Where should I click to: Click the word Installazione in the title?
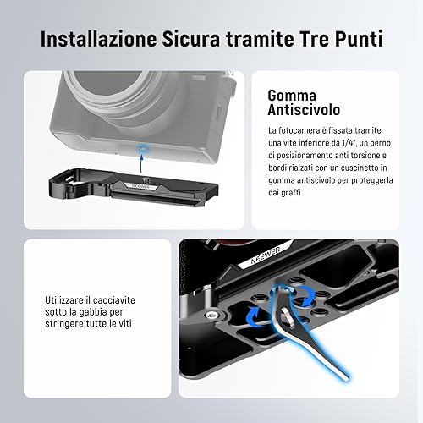pos(99,39)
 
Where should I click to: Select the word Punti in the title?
pos(359,39)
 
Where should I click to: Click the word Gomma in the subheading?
pos(292,96)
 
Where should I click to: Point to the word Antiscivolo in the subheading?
pos(304,109)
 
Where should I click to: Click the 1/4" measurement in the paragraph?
pos(348,143)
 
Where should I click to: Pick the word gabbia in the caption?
pos(94,312)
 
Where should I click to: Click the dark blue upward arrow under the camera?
pos(140,163)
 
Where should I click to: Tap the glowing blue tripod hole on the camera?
pos(140,147)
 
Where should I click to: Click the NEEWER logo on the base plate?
pos(141,186)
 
